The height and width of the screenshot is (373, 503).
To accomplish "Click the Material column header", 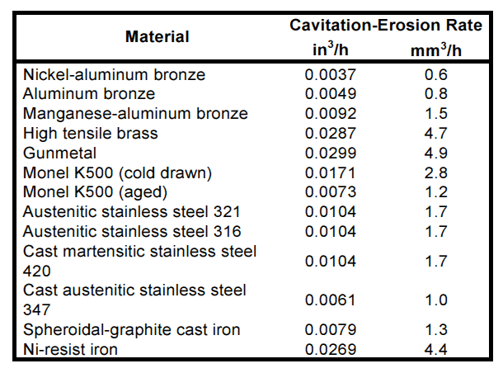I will point(157,36).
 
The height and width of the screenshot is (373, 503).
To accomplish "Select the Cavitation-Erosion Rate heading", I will point(385,26).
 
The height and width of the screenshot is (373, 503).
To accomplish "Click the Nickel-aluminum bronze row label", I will point(114,74).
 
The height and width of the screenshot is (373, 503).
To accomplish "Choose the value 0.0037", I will point(331,74).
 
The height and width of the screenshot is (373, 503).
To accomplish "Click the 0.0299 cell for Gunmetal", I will point(331,153).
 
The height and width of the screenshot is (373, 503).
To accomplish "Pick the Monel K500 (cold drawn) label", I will point(118,172).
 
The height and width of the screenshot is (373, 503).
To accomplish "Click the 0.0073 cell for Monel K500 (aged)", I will point(331,192).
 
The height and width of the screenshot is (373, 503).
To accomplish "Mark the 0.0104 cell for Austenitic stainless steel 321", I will point(331,212).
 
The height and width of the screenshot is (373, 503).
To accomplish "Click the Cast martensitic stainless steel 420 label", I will point(140,261).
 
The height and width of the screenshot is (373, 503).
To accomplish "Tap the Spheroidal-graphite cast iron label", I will point(132,330).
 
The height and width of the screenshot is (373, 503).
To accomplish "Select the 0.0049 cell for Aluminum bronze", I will point(331,94).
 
